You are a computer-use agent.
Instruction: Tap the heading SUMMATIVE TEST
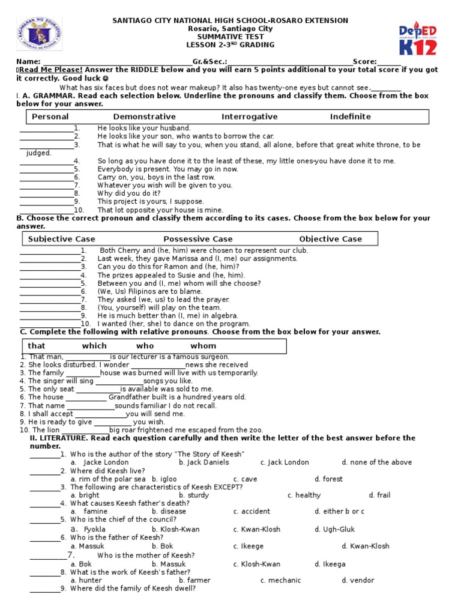click(230, 37)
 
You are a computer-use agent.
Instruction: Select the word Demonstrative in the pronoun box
click(144, 117)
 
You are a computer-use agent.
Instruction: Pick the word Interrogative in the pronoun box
click(249, 117)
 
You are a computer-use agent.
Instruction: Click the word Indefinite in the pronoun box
click(350, 117)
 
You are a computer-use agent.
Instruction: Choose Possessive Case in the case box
click(197, 239)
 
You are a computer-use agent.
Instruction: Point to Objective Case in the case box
click(330, 239)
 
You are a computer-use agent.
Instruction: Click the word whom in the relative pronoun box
click(203, 346)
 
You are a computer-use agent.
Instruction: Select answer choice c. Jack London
click(285, 462)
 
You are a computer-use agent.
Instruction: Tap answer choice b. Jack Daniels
click(203, 462)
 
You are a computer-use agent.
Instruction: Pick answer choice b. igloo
click(163, 479)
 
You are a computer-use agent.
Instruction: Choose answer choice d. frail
click(379, 495)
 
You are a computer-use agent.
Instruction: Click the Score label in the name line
click(364, 61)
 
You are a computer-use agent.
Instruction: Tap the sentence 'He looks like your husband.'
click(144, 128)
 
